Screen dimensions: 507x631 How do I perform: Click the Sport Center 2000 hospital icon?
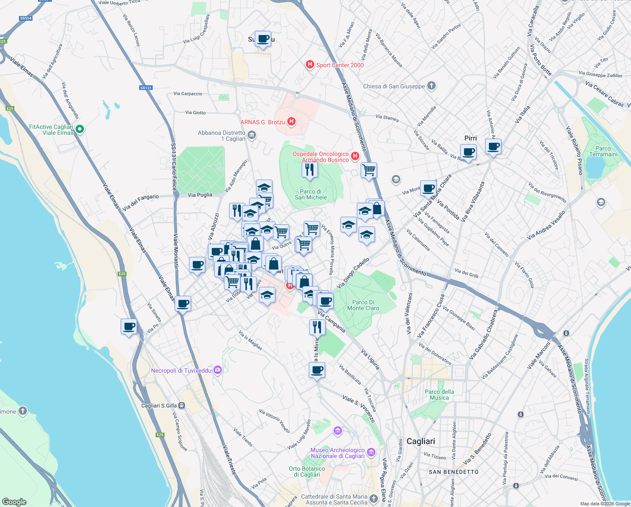pyautogui.click(x=310, y=65)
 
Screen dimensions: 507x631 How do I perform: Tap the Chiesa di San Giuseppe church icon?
pyautogui.click(x=431, y=86)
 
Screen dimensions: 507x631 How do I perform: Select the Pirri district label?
pyautogui.click(x=470, y=138)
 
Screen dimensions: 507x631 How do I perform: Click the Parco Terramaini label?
pyautogui.click(x=603, y=151)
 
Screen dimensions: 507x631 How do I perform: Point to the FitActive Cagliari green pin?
pyautogui.click(x=79, y=129)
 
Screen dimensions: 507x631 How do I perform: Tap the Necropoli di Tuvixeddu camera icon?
pyautogui.click(x=217, y=370)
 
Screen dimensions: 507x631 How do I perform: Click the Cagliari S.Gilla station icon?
pyautogui.click(x=181, y=406)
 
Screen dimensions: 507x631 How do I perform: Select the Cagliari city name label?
pyautogui.click(x=421, y=441)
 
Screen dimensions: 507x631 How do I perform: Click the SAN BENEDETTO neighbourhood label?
pyautogui.click(x=453, y=472)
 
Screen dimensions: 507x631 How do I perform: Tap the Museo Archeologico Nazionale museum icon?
pyautogui.click(x=371, y=452)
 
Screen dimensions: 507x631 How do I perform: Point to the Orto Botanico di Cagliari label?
pyautogui.click(x=307, y=472)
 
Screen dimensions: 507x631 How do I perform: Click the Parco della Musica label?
pyautogui.click(x=439, y=395)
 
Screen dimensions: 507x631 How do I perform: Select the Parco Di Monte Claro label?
pyautogui.click(x=363, y=305)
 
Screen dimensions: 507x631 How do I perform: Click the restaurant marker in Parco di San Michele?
pyautogui.click(x=310, y=170)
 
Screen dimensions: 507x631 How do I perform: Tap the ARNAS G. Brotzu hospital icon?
pyautogui.click(x=291, y=122)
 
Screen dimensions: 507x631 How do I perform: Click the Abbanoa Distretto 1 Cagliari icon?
pyautogui.click(x=252, y=135)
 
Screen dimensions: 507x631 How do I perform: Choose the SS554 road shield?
pyautogui.click(x=26, y=18)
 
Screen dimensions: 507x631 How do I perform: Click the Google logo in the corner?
pyautogui.click(x=14, y=502)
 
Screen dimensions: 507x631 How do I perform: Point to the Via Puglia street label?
pyautogui.click(x=200, y=195)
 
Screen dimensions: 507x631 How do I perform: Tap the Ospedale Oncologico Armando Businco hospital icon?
pyautogui.click(x=355, y=156)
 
